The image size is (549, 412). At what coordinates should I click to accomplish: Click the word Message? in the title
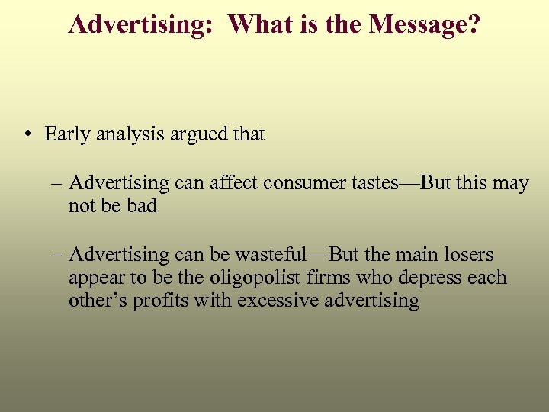425,24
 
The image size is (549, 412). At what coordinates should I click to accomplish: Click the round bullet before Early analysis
27,135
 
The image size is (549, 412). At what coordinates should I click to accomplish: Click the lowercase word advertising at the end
372,301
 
